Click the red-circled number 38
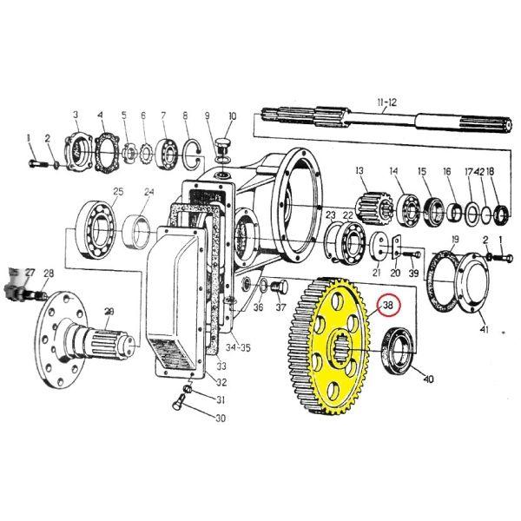(388, 305)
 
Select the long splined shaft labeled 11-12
(386, 121)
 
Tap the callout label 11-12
(386, 102)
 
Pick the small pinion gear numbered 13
(373, 208)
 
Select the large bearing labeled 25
(96, 229)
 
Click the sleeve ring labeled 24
(136, 232)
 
